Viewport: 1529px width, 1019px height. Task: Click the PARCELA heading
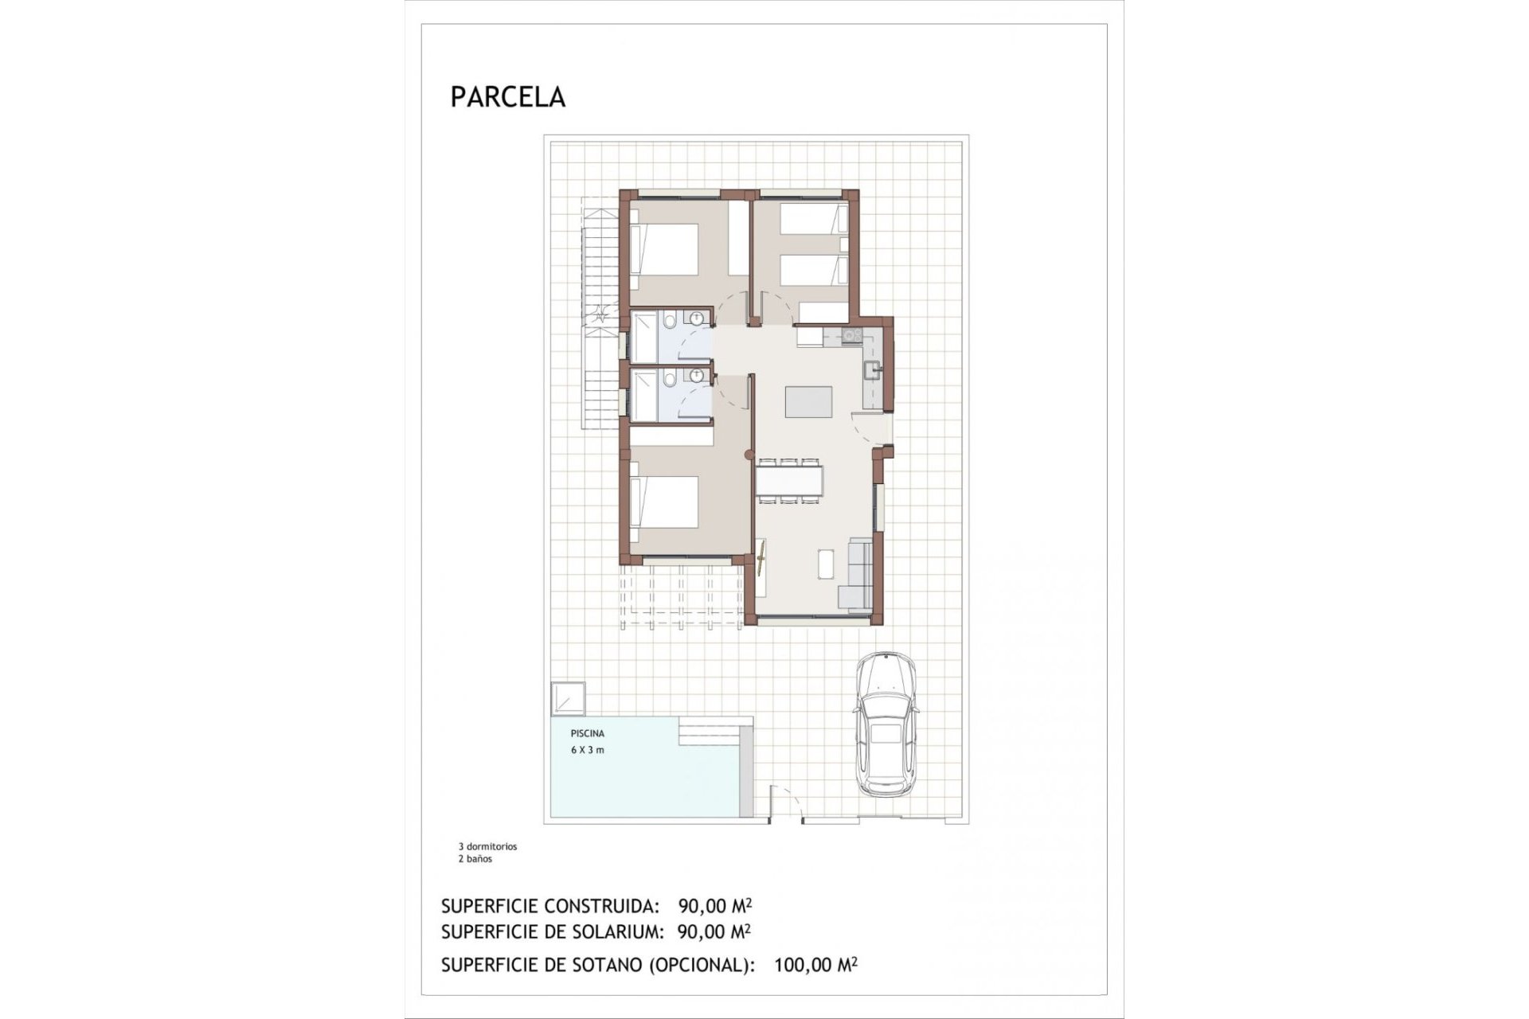point(507,97)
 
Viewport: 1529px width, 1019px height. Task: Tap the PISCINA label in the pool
point(587,733)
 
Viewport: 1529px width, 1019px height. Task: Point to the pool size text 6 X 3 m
point(587,750)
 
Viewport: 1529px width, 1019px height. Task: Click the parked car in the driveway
point(885,724)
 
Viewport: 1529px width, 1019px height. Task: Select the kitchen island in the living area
point(808,401)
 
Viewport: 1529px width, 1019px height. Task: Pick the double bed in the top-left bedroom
point(664,250)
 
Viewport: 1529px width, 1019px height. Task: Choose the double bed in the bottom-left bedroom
point(664,502)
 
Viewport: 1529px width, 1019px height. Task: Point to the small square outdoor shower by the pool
point(568,698)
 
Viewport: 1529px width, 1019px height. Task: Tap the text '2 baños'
point(475,859)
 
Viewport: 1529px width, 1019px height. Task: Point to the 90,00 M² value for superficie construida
point(714,906)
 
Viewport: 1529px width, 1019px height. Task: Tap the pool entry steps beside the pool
point(715,733)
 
